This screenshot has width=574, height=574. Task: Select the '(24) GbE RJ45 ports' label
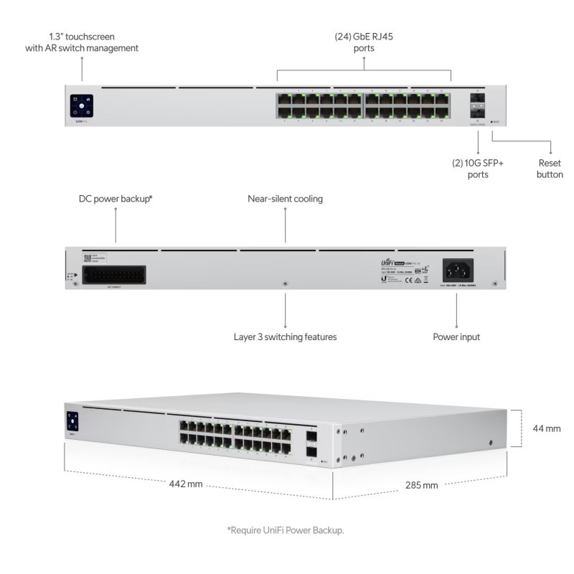click(x=364, y=42)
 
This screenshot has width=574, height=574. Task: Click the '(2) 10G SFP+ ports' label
click(x=478, y=169)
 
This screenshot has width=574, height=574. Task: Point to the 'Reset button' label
click(x=550, y=169)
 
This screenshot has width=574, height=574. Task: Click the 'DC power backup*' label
click(x=116, y=199)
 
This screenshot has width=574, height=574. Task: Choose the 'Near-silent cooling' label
click(x=285, y=199)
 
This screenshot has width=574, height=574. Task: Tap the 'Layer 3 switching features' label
click(x=285, y=337)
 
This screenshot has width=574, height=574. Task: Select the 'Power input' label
click(x=456, y=337)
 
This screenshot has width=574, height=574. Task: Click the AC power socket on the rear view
click(x=457, y=270)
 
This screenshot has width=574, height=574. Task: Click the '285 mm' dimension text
click(x=421, y=485)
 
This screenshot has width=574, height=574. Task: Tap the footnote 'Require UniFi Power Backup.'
click(x=286, y=530)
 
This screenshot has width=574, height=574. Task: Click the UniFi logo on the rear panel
click(x=388, y=264)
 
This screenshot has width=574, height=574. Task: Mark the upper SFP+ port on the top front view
click(x=477, y=99)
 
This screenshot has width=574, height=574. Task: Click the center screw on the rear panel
click(x=285, y=284)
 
